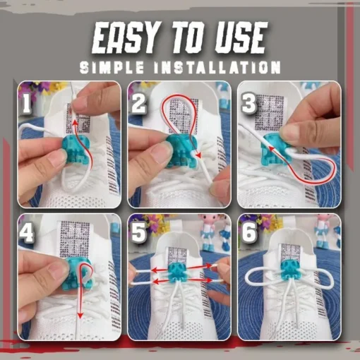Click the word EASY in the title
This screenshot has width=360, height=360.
[123, 38]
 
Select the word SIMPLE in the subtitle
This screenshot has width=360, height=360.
[112, 67]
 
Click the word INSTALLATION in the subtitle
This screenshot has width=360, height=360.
[217, 67]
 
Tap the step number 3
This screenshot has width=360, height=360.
[248, 104]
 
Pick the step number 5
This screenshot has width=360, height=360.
[139, 233]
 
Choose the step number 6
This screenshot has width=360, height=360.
[249, 233]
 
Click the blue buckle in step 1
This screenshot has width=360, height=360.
[76, 150]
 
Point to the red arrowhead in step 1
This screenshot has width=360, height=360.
[74, 123]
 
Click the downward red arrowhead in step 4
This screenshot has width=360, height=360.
[80, 315]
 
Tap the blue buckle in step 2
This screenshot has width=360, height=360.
[181, 151]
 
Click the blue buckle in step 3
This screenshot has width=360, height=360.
[275, 150]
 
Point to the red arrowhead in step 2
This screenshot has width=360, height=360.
[199, 155]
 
